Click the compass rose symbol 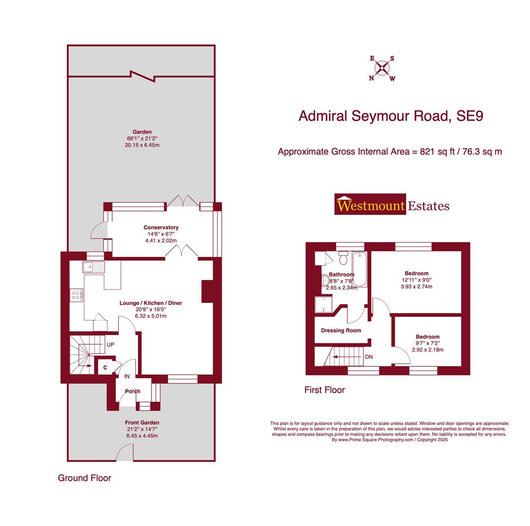382,68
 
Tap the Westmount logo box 370,205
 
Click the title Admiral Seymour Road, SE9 391,116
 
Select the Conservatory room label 161,227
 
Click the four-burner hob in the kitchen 76,295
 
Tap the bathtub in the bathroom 360,269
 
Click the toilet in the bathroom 343,258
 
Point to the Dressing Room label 341,330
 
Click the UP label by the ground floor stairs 111,344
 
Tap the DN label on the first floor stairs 369,357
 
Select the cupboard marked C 105,367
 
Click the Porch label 132,391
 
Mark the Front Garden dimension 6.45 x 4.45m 142,435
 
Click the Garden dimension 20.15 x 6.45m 142,145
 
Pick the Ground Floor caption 84,478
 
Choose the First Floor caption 324,390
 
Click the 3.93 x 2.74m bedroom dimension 416,286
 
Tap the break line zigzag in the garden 142,76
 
